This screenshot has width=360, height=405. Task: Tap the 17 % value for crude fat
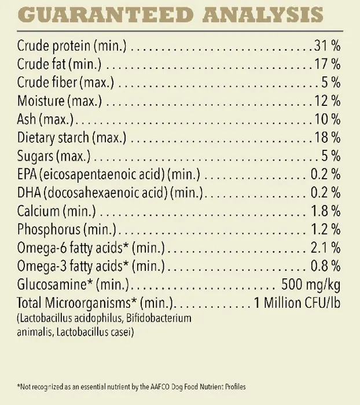327,62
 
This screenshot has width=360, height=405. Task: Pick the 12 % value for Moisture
327,101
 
